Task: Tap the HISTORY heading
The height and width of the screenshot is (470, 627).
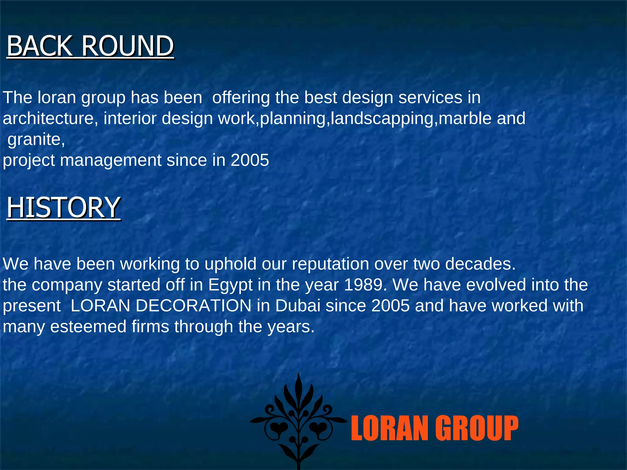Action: tap(63, 207)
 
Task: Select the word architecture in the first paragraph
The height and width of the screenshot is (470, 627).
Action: tap(48, 118)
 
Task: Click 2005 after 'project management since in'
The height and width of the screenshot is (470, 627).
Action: tap(250, 160)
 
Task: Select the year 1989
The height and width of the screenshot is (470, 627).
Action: tap(363, 285)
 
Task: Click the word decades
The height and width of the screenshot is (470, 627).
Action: tap(480, 264)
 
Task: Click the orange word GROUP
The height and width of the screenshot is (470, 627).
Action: tap(477, 428)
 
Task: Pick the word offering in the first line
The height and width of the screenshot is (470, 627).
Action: tap(241, 98)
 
